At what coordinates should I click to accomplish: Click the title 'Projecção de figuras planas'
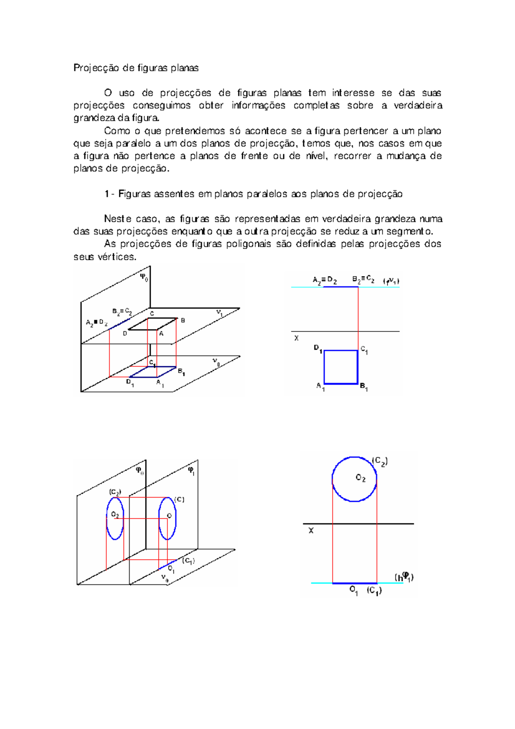[x=136, y=68]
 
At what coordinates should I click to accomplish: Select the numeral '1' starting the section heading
[x=106, y=194]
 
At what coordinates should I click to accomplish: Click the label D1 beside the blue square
[x=318, y=349]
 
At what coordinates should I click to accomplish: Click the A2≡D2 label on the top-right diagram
[x=324, y=281]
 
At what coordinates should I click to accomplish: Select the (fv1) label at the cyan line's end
[x=391, y=282]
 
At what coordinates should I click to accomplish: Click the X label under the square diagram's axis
[x=296, y=338]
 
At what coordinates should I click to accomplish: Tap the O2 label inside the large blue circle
[x=360, y=478]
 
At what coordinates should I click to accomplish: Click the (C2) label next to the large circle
[x=380, y=462]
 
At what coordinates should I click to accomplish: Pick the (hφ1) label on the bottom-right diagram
[x=404, y=577]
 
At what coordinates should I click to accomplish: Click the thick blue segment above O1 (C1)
[x=354, y=583]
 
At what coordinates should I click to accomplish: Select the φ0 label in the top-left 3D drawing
[x=144, y=277]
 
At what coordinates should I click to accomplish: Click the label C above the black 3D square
[x=152, y=314]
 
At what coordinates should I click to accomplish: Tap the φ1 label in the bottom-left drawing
[x=191, y=471]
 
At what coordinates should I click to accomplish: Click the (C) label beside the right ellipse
[x=179, y=500]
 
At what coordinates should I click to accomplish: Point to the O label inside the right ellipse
[x=169, y=516]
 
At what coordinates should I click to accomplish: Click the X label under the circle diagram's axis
[x=311, y=531]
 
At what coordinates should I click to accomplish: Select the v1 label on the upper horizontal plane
[x=219, y=313]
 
